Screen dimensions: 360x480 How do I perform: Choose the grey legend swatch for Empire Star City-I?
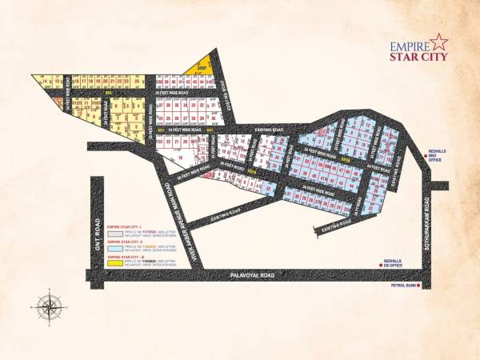114,234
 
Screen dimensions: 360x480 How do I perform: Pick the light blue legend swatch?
114,248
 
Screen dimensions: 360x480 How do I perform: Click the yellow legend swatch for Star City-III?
114,262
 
